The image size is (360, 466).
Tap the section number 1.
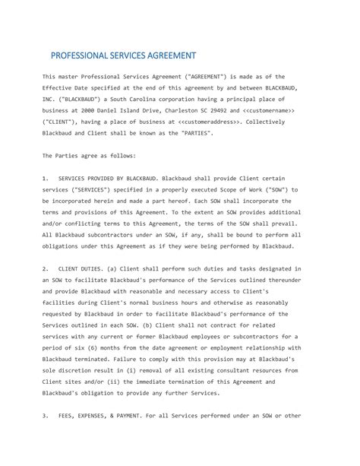(46, 176)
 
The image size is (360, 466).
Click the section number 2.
(46, 268)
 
